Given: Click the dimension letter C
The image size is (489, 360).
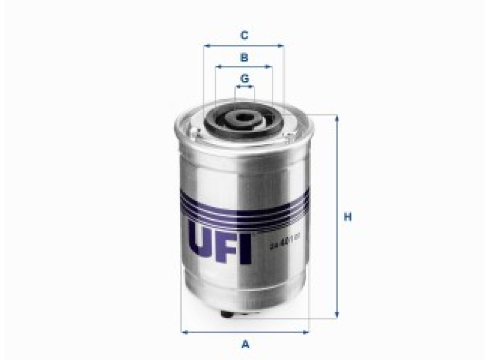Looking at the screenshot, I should point(244,35).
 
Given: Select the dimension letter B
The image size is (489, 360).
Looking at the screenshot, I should point(244,57).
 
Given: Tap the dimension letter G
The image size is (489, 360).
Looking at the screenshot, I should point(244,79).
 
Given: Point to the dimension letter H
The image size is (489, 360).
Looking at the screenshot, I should point(347,218).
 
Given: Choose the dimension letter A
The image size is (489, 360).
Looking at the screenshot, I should point(246,344).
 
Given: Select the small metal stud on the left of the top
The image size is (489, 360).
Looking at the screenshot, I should point(198,134).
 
